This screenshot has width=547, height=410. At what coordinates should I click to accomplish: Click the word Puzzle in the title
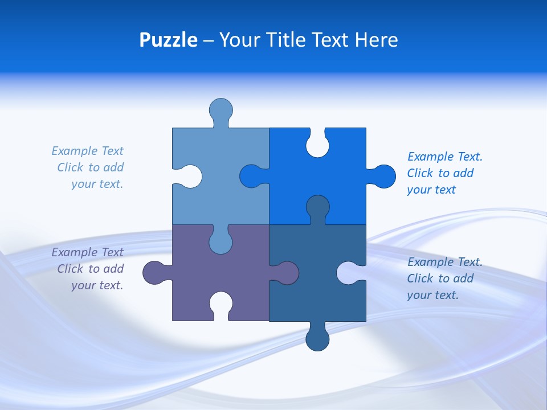(169, 40)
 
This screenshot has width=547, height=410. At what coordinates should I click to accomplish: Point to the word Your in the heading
(239, 40)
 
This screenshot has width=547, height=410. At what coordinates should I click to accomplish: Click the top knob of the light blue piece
(221, 110)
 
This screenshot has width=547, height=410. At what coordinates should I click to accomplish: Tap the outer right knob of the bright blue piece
(384, 177)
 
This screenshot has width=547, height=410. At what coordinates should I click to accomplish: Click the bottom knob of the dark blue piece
(317, 339)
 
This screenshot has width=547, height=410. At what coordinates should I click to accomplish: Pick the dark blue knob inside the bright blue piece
(317, 207)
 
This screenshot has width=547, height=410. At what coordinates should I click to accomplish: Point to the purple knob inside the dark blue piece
(287, 272)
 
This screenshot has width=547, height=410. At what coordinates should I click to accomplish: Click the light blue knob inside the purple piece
(221, 241)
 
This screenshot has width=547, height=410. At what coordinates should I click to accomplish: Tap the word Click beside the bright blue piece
(419, 173)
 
